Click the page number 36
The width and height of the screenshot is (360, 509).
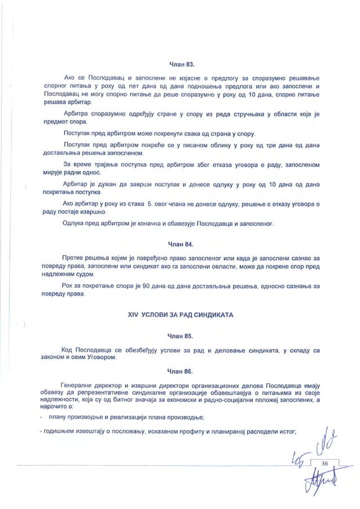(324, 463)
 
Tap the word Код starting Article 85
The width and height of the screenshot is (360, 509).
(67, 350)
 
